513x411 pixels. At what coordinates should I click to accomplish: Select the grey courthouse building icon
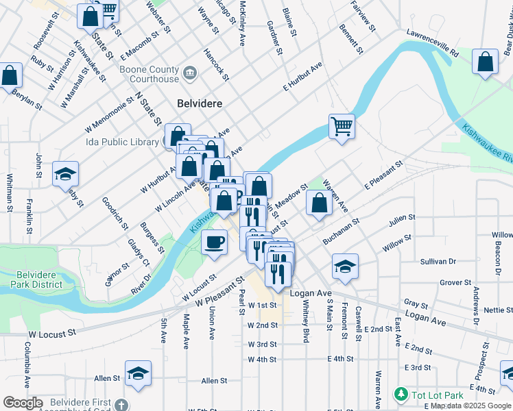pyautogui.click(x=191, y=71)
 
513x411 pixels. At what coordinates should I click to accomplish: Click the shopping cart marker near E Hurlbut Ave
pyautogui.click(x=341, y=126)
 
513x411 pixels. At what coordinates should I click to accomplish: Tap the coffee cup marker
pyautogui.click(x=215, y=242)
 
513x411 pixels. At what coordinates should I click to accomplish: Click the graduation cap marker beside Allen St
pyautogui.click(x=138, y=373)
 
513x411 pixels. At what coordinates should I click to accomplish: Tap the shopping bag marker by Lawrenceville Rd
pyautogui.click(x=486, y=62)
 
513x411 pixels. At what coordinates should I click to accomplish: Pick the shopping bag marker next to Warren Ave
pyautogui.click(x=319, y=203)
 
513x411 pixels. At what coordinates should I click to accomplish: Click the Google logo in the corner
pyautogui.click(x=23, y=403)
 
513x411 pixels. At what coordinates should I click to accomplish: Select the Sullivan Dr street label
pyautogui.click(x=438, y=262)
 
